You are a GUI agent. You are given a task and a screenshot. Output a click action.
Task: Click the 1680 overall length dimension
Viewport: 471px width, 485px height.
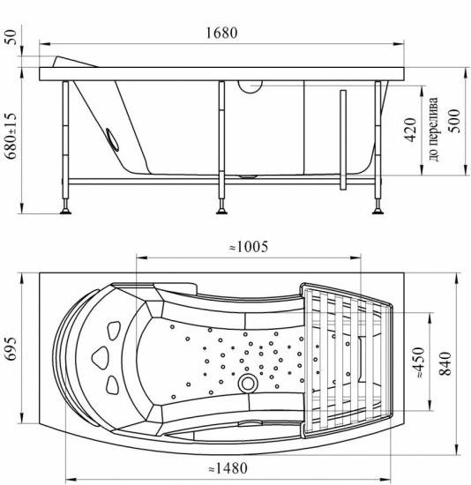222,33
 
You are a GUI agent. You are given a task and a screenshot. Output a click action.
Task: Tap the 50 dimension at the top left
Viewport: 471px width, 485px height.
11,37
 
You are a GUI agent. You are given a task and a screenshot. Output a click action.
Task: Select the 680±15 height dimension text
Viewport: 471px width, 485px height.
11,136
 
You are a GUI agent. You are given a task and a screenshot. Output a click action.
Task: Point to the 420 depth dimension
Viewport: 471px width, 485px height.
410,130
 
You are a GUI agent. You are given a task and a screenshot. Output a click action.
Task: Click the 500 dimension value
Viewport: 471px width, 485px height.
454,121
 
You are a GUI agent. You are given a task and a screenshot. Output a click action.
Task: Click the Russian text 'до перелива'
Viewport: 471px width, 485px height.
433,130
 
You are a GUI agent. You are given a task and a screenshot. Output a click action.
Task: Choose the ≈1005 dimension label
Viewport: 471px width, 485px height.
249,247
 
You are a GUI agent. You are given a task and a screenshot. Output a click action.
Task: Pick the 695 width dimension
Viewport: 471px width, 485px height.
11,348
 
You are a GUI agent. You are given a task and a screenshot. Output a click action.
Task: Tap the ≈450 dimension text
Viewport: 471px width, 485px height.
418,362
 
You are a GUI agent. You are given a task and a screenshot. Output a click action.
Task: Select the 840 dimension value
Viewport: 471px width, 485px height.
445,363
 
